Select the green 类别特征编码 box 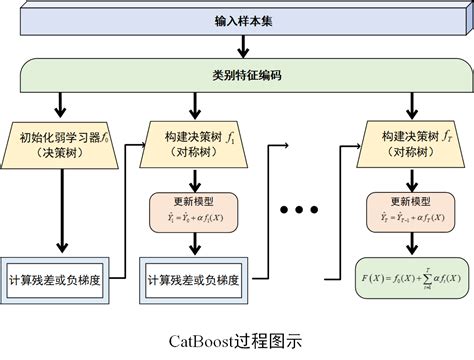click(237, 72)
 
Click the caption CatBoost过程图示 click(237, 339)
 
